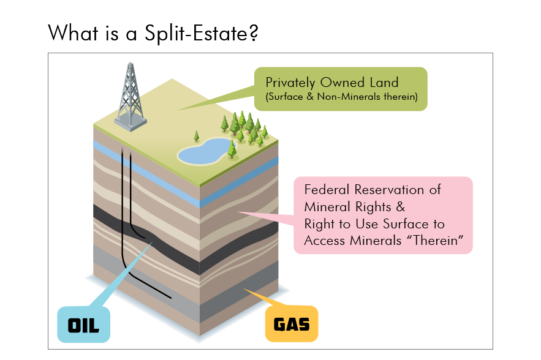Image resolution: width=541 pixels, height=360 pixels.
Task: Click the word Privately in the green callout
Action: (290, 82)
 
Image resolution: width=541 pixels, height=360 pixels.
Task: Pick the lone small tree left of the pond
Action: (197, 136)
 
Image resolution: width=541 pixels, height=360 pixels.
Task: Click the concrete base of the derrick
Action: (131, 124)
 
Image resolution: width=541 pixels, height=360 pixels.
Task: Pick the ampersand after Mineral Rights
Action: (401, 206)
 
